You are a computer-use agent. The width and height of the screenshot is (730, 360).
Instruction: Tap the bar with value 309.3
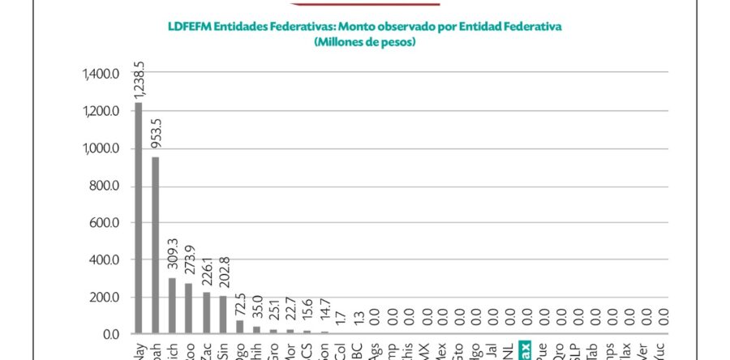click(x=172, y=305)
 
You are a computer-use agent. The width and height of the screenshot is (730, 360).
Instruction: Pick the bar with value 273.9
click(x=189, y=308)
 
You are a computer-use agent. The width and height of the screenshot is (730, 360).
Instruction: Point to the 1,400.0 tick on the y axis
click(x=101, y=75)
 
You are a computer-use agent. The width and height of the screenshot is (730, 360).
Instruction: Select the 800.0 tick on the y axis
click(x=104, y=186)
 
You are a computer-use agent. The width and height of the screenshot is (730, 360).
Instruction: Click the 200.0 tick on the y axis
click(x=104, y=298)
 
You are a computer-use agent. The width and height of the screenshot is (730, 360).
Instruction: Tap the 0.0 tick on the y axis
click(x=110, y=334)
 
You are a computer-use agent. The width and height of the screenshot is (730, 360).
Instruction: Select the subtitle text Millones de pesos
click(x=364, y=41)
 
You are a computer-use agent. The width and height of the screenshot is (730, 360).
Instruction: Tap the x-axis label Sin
click(x=223, y=350)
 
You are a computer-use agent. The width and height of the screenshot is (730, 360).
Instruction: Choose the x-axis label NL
click(x=508, y=351)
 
